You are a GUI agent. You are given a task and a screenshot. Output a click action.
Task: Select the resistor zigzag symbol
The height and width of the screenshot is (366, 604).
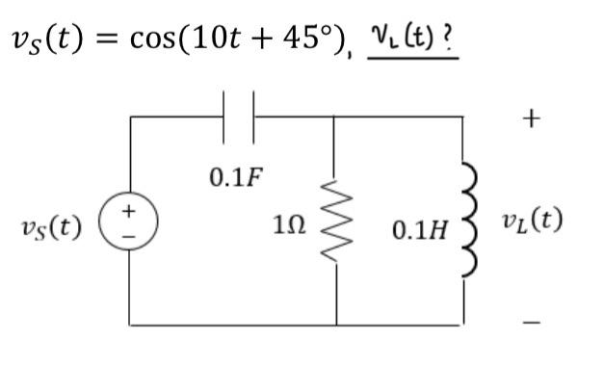tap(336, 228)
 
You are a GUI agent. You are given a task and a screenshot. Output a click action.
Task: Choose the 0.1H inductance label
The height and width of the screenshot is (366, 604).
tap(418, 231)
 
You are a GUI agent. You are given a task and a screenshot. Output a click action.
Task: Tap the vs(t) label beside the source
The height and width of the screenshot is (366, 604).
tap(50, 228)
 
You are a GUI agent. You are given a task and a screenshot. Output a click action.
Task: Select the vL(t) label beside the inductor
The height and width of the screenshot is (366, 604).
tap(532, 222)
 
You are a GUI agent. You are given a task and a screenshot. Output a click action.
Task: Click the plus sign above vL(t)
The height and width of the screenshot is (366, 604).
tap(531, 118)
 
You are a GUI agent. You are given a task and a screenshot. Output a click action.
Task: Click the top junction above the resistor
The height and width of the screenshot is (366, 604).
tap(336, 117)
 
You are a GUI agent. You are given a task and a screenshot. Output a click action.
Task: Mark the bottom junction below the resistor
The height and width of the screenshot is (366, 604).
tap(336, 325)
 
